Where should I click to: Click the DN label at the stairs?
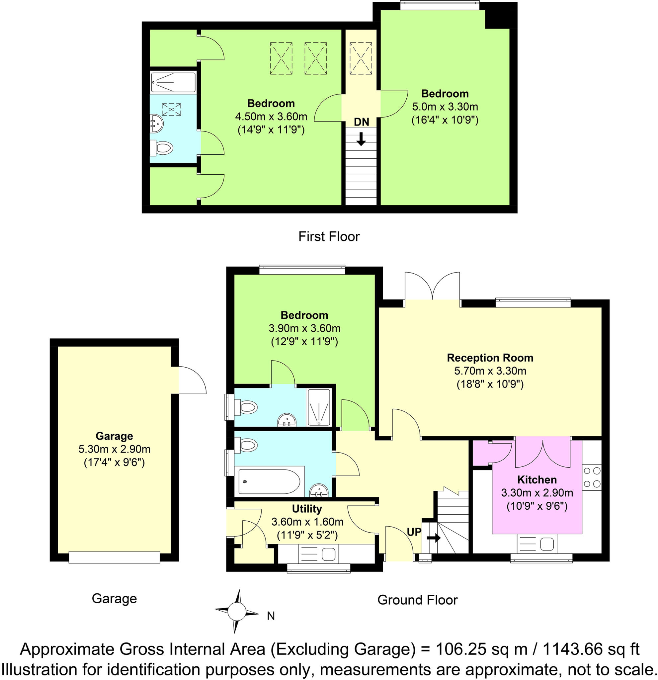coord(361,122)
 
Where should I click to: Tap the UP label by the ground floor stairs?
coord(413,532)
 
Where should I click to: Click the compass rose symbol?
coord(237,612)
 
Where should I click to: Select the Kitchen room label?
coord(536,480)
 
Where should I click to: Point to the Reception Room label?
coord(490,358)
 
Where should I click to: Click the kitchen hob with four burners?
coord(591,477)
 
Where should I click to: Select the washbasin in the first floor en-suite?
coord(157,123)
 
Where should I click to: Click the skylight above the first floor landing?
coord(361,58)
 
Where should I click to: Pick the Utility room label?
coord(307,509)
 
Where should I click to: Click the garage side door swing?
coord(192,380)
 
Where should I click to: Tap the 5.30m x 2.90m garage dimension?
coord(114,449)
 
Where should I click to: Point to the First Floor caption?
coord(329,237)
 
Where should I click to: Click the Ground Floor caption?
coord(417,600)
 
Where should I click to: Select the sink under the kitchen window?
coord(536,544)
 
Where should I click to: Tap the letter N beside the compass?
coord(271,616)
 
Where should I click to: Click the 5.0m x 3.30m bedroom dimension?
coord(445,107)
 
